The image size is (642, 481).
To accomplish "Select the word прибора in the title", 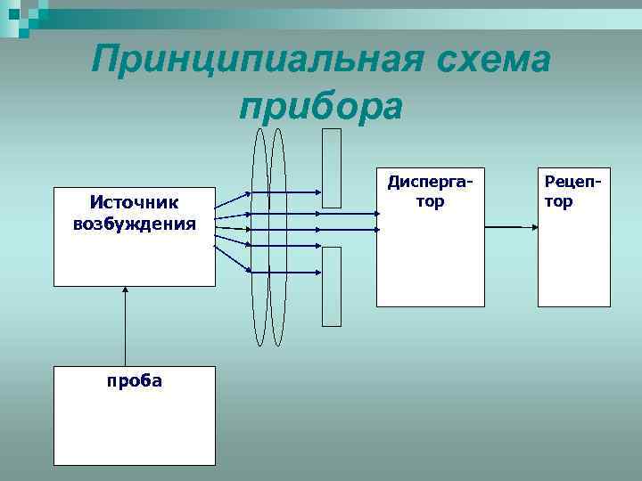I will click(321, 106).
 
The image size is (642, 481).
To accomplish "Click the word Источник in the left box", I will click(135, 204).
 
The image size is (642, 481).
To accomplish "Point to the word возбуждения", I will click(135, 222).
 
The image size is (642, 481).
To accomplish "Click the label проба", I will click(135, 380).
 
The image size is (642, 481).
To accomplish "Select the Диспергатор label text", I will click(430, 192).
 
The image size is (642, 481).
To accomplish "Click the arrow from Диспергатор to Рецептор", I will click(512, 227).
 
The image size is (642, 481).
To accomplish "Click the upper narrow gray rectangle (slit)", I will click(331, 167).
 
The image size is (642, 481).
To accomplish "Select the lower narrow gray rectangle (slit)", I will click(331, 285).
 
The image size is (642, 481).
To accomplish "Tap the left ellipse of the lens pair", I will click(259, 237).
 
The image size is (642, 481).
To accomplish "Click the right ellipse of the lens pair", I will click(277, 237).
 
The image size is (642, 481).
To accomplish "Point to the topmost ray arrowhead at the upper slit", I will click(317, 192).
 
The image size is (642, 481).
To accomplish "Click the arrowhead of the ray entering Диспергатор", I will click(371, 227).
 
